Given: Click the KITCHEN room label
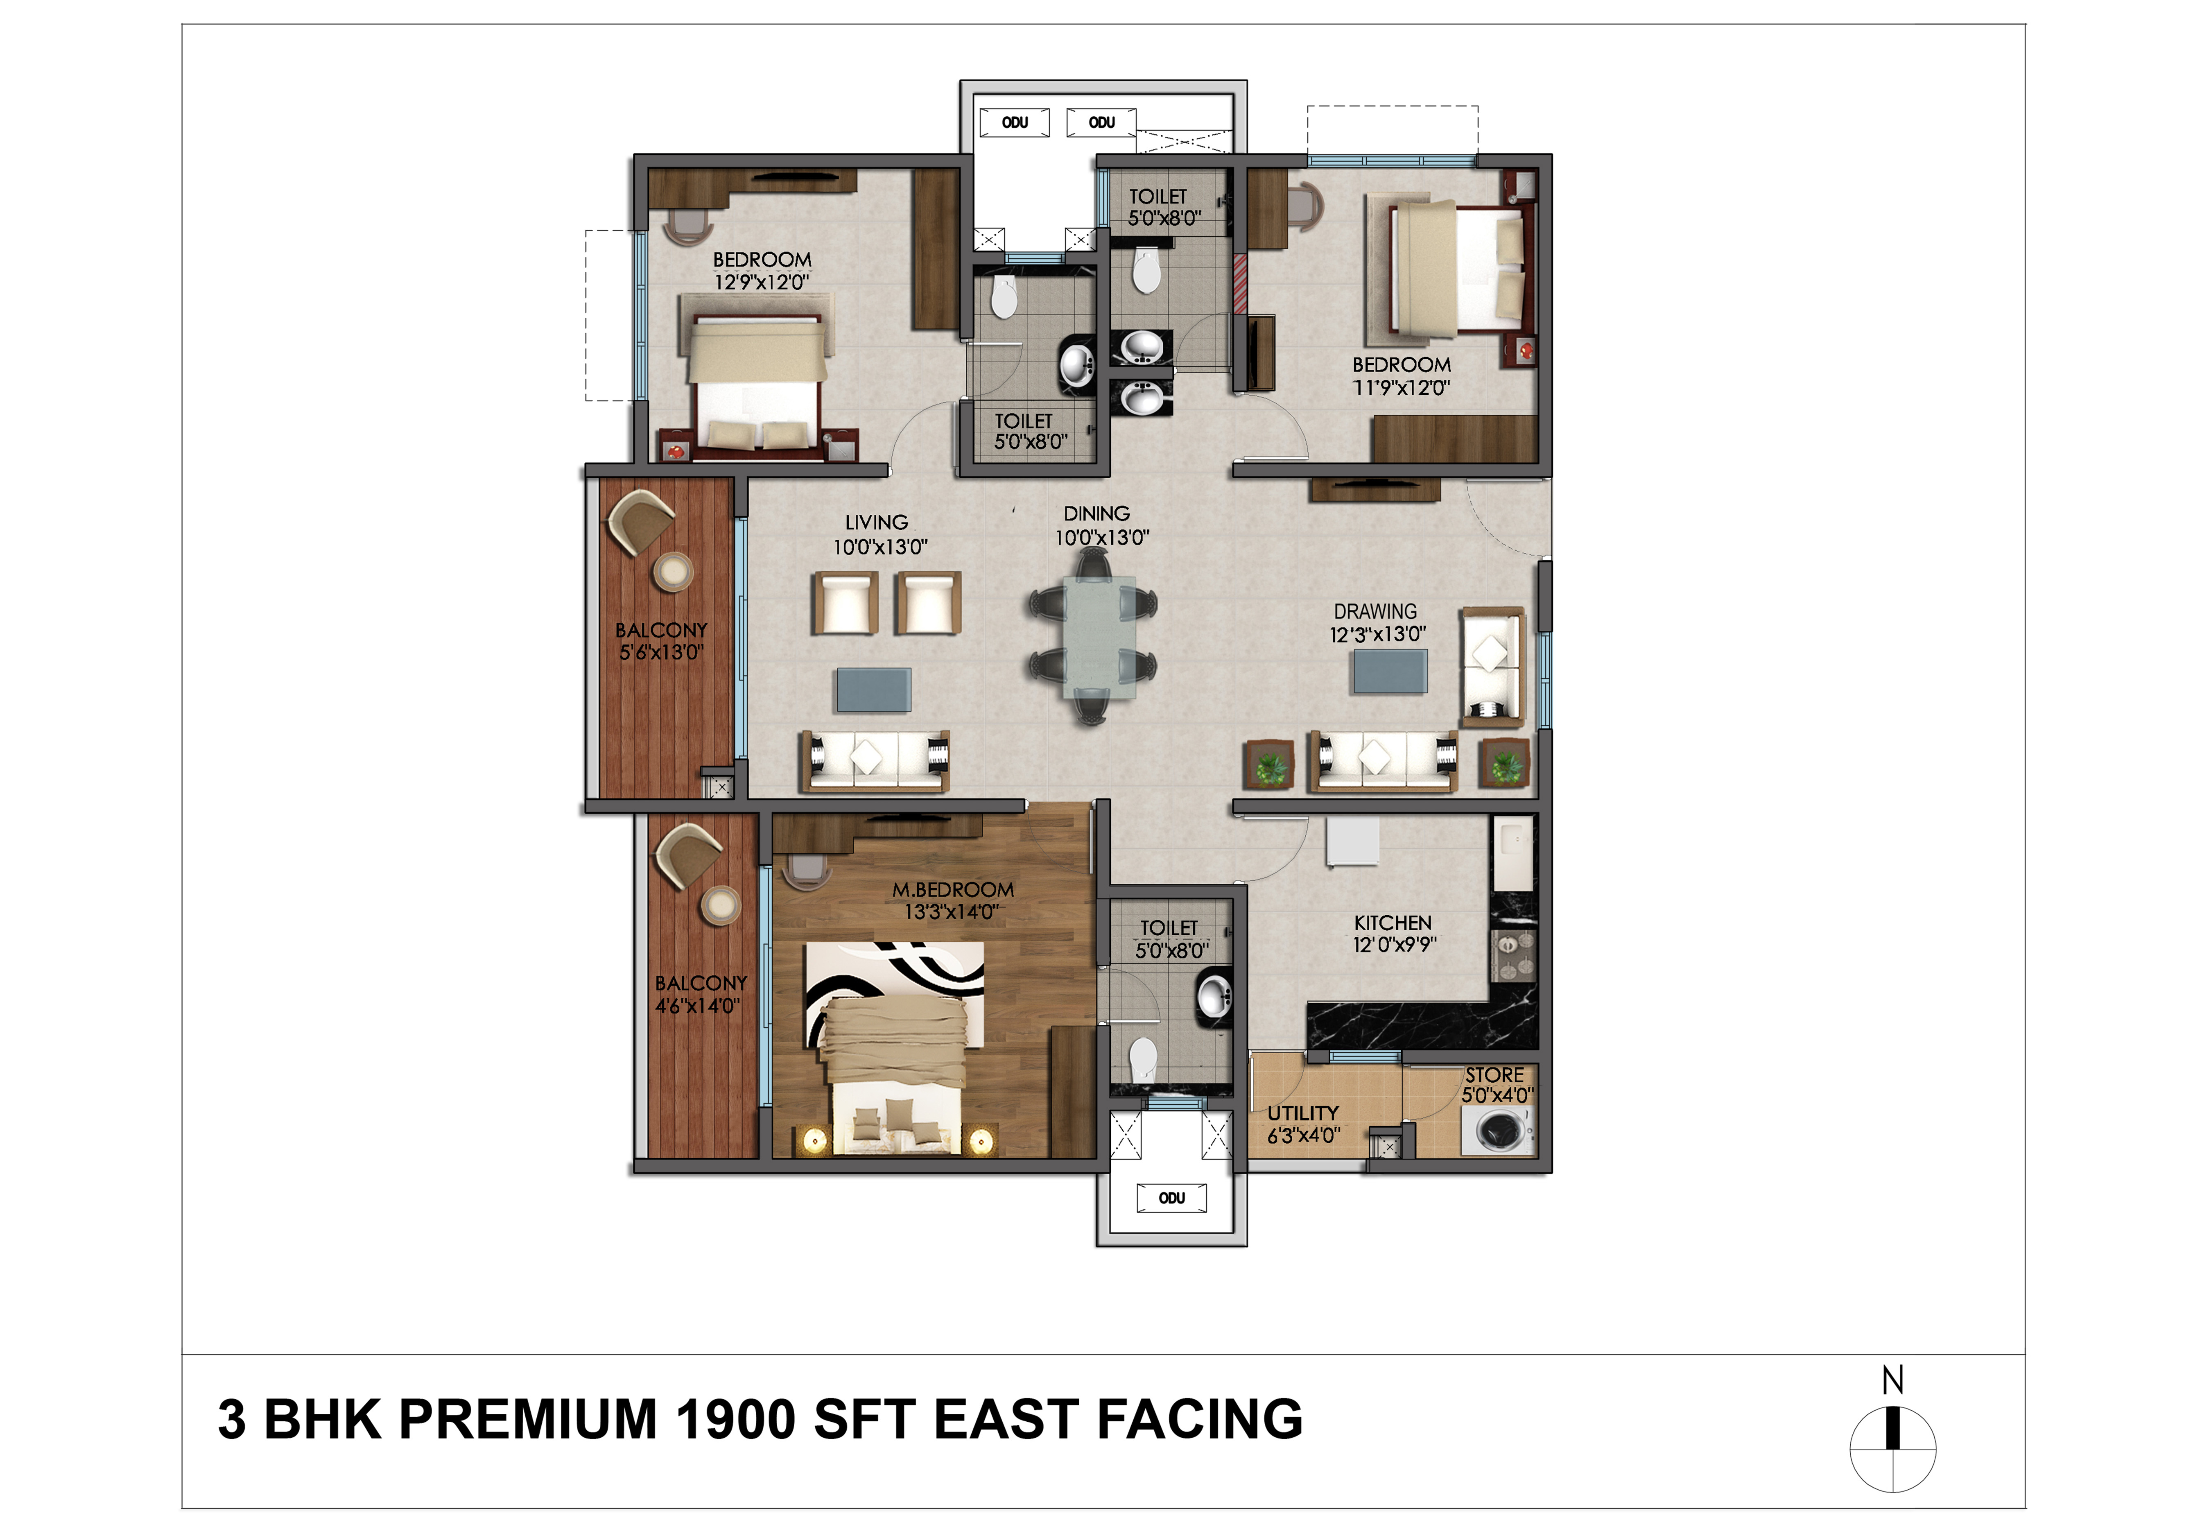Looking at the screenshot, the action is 1393,923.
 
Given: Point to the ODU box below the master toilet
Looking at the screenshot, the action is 1171,1198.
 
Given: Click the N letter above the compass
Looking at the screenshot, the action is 1892,1380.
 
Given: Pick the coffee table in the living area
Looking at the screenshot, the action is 873,690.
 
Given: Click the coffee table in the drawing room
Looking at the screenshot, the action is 1390,671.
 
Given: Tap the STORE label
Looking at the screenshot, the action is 1494,1075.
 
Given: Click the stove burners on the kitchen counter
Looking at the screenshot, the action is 1514,953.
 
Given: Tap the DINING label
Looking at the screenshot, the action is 1097,513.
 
